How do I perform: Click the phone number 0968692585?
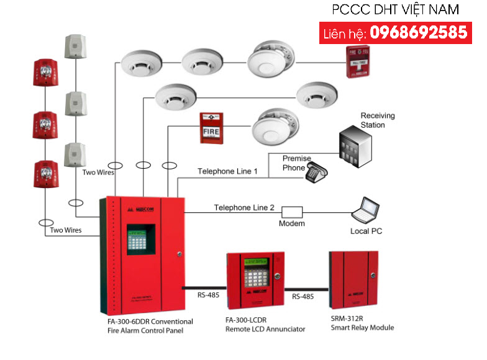pos(419,32)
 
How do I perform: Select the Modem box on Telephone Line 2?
pos(291,212)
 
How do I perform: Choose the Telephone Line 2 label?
pos(244,207)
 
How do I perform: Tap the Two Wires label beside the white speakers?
pos(98,173)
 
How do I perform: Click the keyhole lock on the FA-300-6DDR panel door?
pos(178,254)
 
